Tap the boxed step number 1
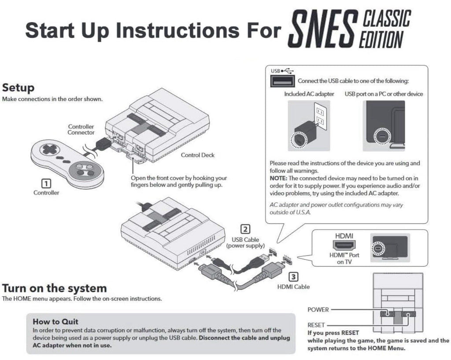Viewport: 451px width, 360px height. (x=46, y=184)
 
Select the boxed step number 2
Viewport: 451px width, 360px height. (x=245, y=230)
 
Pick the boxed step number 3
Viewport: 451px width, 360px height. (x=293, y=277)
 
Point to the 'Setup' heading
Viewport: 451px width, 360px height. (x=18, y=88)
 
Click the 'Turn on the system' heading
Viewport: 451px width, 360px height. (x=54, y=288)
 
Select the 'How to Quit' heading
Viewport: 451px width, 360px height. (x=55, y=321)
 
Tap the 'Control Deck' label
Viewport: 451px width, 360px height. (x=198, y=155)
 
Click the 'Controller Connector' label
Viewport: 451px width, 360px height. (x=81, y=130)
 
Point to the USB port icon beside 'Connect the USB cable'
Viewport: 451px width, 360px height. (x=282, y=81)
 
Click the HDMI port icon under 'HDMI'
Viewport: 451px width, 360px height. (x=344, y=245)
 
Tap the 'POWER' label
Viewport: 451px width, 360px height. (x=318, y=310)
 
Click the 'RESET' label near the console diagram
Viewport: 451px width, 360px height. (x=316, y=325)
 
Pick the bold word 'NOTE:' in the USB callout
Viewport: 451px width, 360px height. (x=278, y=178)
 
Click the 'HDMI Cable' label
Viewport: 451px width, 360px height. (x=293, y=287)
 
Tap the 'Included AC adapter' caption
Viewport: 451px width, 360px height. (x=309, y=94)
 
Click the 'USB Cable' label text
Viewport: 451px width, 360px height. (x=245, y=239)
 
